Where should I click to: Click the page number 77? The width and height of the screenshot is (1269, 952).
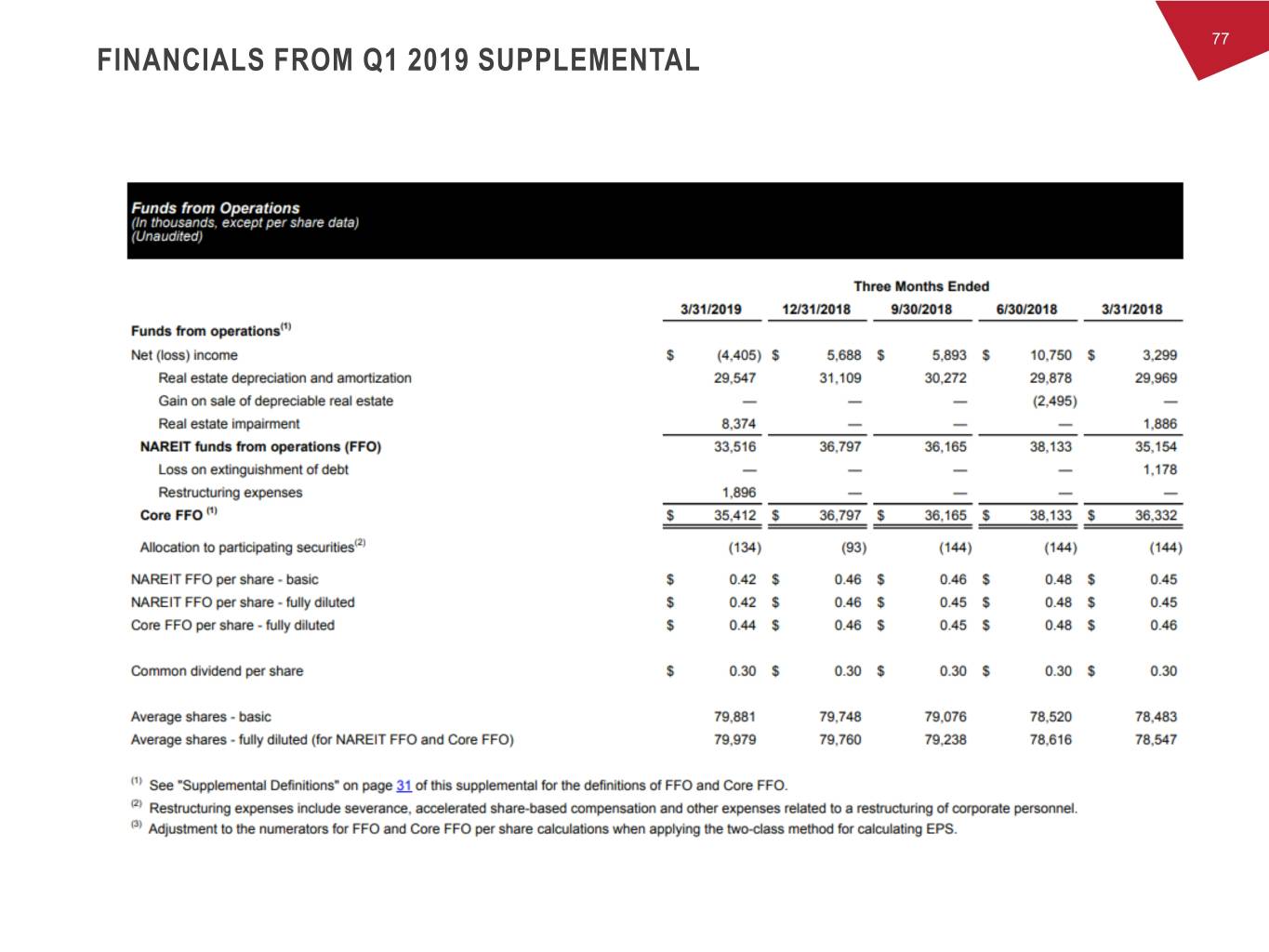tap(1220, 38)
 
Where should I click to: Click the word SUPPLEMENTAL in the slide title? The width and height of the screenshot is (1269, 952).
tap(588, 61)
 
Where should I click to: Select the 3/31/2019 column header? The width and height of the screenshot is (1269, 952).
tap(711, 310)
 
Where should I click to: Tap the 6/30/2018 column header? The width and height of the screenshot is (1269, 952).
tap(1026, 310)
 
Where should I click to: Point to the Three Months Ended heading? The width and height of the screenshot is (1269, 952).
tap(921, 286)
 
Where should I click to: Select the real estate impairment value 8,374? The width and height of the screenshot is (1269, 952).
tap(739, 424)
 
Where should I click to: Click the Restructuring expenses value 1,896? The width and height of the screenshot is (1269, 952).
tap(739, 493)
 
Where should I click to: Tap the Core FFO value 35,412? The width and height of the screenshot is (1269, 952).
tap(734, 515)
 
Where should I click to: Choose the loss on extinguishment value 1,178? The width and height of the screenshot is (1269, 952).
tap(1159, 469)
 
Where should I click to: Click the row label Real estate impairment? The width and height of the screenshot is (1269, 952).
tap(229, 424)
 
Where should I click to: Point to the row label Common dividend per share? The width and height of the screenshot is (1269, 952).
tap(217, 671)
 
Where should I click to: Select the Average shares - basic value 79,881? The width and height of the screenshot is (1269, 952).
tap(734, 717)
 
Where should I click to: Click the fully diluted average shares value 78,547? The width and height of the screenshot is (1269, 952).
tap(1156, 740)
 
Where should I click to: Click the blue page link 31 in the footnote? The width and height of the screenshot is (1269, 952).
tap(403, 786)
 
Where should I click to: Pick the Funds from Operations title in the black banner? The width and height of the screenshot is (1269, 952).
tap(216, 208)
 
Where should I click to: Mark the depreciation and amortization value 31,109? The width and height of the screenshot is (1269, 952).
tap(839, 378)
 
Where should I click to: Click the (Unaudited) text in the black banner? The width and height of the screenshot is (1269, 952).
tap(166, 236)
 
